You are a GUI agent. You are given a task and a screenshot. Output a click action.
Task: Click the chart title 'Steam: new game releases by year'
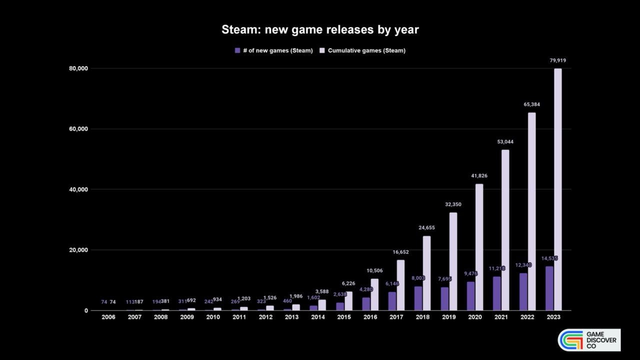(x=320, y=30)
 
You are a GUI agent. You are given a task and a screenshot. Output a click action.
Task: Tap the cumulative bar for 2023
(x=557, y=190)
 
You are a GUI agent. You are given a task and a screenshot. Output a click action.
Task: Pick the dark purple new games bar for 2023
(x=549, y=288)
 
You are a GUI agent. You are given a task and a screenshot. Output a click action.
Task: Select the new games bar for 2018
(x=418, y=298)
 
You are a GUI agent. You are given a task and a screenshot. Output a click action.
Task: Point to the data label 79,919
(x=557, y=60)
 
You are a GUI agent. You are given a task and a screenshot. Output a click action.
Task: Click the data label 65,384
(x=531, y=104)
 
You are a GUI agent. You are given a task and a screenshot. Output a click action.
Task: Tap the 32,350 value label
(x=453, y=204)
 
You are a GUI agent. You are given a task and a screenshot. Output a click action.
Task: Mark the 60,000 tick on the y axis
(x=78, y=129)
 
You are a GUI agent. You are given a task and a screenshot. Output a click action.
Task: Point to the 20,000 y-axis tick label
(x=78, y=250)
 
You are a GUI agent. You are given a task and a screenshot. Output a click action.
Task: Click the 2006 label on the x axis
(x=108, y=317)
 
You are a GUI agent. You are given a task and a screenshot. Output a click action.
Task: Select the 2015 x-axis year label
(x=344, y=317)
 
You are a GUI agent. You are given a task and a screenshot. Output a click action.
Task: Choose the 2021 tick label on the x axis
(x=501, y=317)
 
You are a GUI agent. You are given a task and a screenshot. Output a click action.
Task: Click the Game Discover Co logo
(x=589, y=340)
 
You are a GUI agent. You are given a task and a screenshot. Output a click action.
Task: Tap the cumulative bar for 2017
(x=400, y=285)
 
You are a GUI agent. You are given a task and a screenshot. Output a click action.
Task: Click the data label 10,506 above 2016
(x=374, y=271)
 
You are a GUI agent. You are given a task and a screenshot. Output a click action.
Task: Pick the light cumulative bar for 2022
(x=531, y=211)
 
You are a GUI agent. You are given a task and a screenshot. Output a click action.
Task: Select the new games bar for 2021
(x=496, y=293)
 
